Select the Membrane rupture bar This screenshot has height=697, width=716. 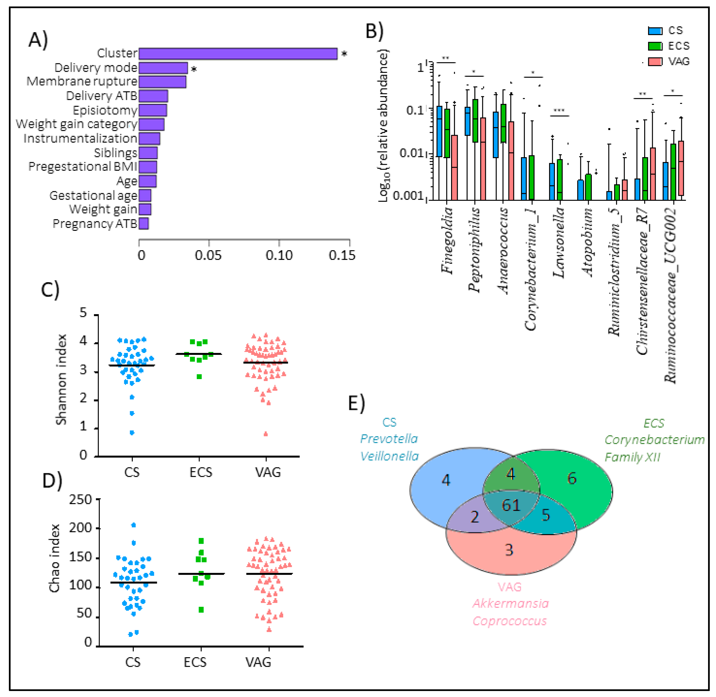162,82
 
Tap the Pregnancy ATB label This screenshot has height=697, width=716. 95,223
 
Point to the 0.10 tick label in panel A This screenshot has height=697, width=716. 279,255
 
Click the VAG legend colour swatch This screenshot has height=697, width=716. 655,61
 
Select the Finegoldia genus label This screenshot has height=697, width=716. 447,240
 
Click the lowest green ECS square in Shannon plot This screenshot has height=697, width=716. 199,377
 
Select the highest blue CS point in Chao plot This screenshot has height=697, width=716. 133,525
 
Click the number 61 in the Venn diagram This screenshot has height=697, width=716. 511,506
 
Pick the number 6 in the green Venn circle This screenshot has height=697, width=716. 572,478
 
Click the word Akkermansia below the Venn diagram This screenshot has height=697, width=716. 510,603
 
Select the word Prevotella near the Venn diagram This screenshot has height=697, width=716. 389,439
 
